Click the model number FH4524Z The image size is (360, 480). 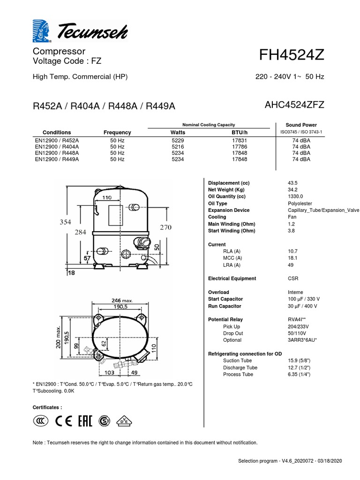(292, 55)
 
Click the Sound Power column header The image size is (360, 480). (301, 125)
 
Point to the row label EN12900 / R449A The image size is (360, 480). (57, 159)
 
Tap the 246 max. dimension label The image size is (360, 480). (122, 300)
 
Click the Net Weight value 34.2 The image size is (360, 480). (292, 189)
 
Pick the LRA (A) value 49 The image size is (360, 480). (291, 265)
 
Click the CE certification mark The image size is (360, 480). (64, 421)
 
